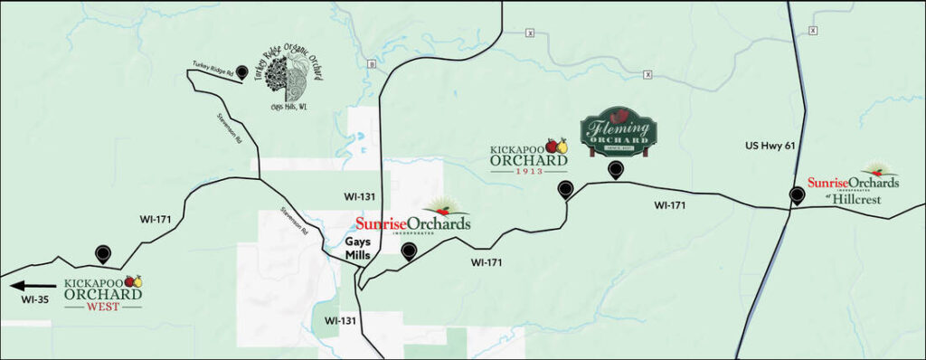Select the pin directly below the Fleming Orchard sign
615,170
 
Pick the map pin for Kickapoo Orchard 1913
566,190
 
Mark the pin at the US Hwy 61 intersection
797,195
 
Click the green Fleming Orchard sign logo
618,133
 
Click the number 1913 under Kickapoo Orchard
528,170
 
